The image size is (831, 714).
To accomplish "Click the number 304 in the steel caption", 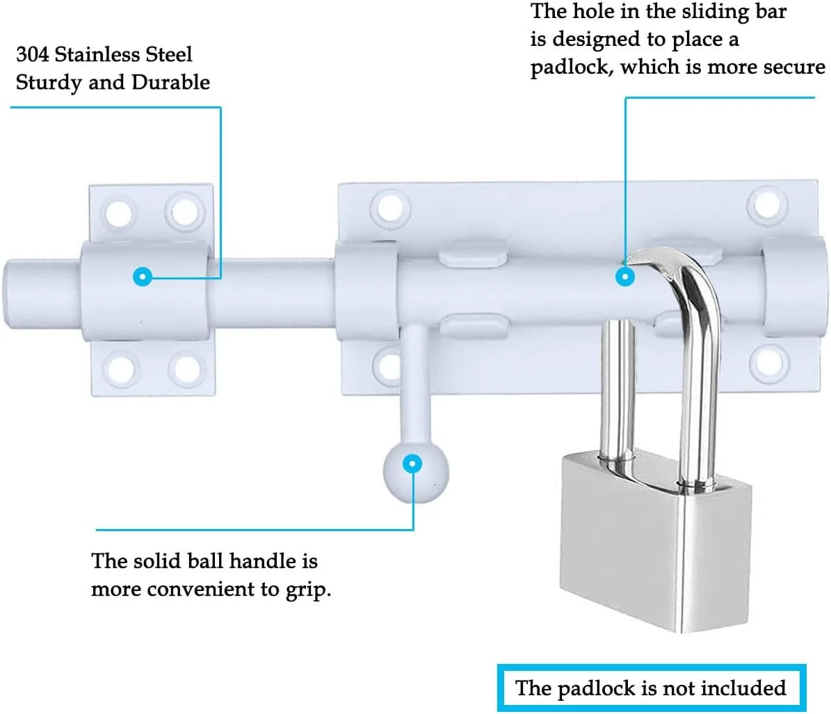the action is (32, 54).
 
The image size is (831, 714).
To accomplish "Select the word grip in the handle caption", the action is (307, 590).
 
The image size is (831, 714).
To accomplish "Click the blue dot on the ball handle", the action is (412, 464).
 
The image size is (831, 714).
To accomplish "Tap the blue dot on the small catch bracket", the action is (143, 277).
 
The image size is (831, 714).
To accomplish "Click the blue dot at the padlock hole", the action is (625, 277).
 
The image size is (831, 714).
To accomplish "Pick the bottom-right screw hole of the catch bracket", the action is (188, 368).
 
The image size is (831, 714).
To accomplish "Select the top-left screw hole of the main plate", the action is (391, 208).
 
